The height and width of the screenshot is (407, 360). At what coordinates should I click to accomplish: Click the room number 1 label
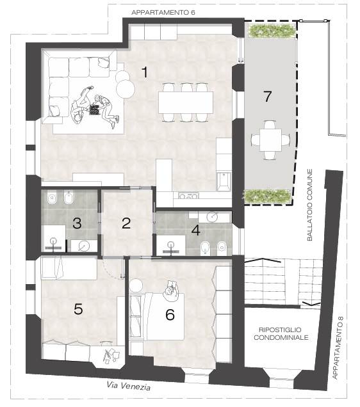point(145,72)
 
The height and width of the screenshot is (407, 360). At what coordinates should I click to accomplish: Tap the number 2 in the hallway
point(126,223)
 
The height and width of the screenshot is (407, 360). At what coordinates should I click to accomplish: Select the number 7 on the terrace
point(268,96)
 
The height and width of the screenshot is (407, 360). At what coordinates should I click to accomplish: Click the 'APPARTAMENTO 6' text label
point(163,12)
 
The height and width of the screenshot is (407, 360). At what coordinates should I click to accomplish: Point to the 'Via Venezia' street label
point(128,386)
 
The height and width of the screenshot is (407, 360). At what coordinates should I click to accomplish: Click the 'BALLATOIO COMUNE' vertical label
point(310,205)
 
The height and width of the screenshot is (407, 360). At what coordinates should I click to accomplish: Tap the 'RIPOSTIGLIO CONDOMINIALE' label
point(281,333)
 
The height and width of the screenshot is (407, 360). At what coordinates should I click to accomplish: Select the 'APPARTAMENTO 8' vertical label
point(338,347)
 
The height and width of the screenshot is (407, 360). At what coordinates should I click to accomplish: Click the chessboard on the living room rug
point(94,110)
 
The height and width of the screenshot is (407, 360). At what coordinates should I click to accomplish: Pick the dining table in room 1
point(186,102)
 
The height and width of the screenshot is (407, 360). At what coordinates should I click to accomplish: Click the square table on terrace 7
point(270,140)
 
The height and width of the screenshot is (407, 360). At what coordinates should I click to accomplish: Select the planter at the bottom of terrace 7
point(267,196)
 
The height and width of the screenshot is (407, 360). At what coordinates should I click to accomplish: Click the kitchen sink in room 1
point(224,180)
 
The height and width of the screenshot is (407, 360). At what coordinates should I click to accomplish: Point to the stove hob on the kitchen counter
point(188,196)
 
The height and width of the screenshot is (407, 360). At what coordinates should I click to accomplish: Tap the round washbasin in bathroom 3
point(84,246)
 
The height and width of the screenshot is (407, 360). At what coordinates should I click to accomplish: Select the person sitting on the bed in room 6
point(171,291)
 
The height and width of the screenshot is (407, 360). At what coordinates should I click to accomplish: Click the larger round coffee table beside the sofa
point(126,88)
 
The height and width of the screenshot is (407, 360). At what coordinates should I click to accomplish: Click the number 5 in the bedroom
point(78,309)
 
